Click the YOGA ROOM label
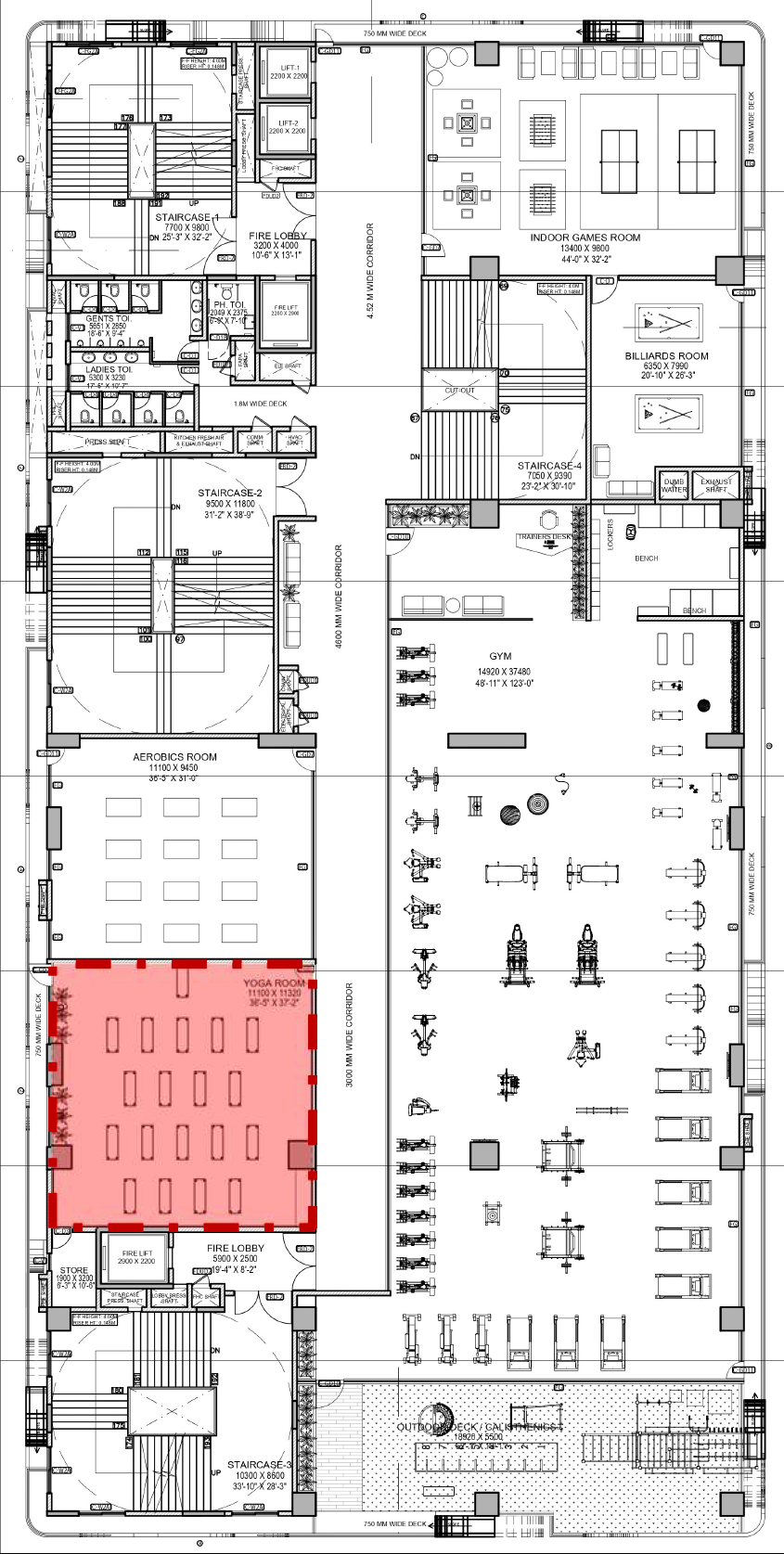click(x=275, y=982)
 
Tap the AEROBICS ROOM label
click(x=174, y=757)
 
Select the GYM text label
click(x=500, y=656)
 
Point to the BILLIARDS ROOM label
click(x=666, y=355)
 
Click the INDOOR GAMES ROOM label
click(x=585, y=238)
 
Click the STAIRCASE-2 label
click(x=230, y=494)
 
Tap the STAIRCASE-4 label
click(x=549, y=466)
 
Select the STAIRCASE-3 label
click(x=260, y=1465)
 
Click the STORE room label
click(x=74, y=1270)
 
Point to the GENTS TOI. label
click(x=108, y=318)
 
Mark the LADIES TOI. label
click(x=109, y=369)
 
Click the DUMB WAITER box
click(x=674, y=485)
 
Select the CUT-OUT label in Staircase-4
click(x=459, y=391)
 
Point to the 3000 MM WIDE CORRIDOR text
click(x=350, y=1034)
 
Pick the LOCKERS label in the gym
click(x=610, y=534)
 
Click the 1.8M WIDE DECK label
click(x=260, y=404)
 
